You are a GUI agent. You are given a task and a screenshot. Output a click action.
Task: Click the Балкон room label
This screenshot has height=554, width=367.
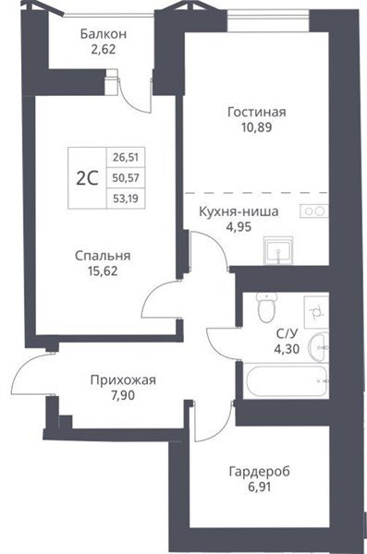104,34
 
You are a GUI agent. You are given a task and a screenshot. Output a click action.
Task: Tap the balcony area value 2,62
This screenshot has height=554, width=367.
104,49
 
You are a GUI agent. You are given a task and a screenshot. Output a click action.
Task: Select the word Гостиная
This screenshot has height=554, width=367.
257,112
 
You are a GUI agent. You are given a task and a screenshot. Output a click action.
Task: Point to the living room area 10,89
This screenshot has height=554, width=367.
257,127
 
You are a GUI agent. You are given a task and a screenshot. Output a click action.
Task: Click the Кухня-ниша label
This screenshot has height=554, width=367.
239,211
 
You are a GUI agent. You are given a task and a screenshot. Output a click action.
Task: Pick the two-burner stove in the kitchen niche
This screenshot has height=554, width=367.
314,211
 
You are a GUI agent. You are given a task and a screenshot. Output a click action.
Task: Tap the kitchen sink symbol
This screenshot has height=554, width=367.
278,250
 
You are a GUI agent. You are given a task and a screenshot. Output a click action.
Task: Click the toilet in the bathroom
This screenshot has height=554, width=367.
266,307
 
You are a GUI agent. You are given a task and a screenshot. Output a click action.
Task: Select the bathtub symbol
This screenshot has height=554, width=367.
286,381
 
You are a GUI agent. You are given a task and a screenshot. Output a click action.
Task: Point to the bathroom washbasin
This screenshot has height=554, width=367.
320,348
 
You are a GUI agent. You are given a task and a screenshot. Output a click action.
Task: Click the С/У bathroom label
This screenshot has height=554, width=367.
287,334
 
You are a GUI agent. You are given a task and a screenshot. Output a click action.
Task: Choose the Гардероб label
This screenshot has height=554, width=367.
260,471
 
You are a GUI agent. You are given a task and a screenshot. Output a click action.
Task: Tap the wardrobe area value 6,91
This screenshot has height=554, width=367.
260,487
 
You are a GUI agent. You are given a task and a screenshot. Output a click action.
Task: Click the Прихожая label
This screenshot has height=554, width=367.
123,380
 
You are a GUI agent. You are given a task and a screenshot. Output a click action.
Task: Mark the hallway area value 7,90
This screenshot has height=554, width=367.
123,396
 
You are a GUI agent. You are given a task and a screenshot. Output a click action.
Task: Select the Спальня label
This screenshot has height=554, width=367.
103,256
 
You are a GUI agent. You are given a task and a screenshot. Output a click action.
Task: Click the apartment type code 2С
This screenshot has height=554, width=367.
87,178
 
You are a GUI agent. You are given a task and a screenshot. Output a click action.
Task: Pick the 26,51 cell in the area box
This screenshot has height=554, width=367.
126,157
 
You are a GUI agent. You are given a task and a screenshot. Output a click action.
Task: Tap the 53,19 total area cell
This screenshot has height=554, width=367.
126,199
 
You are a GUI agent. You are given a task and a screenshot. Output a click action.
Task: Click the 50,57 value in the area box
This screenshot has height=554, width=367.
126,178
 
